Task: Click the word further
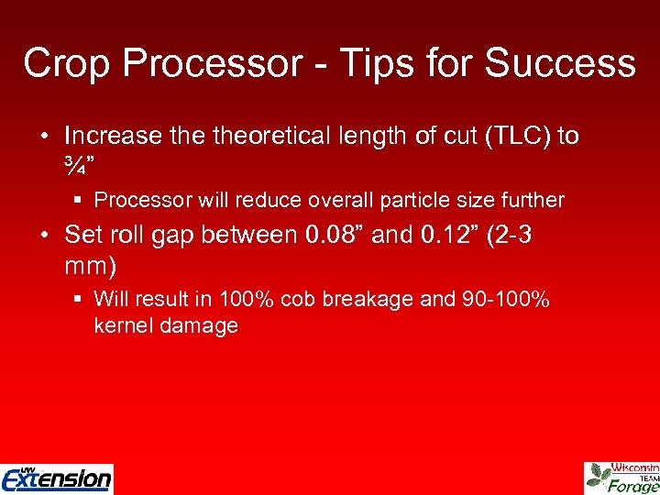[533, 200]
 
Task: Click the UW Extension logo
[57, 477]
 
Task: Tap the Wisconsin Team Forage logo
[622, 478]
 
